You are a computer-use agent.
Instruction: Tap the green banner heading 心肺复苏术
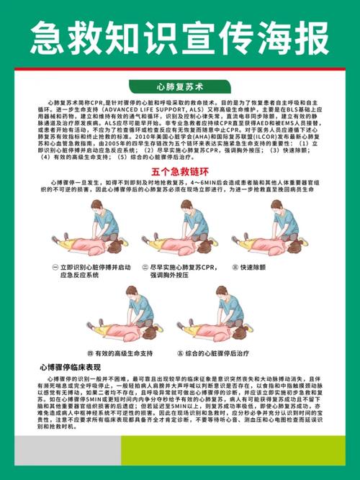coord(180,85)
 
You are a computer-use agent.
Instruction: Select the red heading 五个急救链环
coord(179,172)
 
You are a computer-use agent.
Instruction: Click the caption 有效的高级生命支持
coord(126,353)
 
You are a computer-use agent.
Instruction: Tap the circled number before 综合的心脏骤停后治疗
coord(180,353)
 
